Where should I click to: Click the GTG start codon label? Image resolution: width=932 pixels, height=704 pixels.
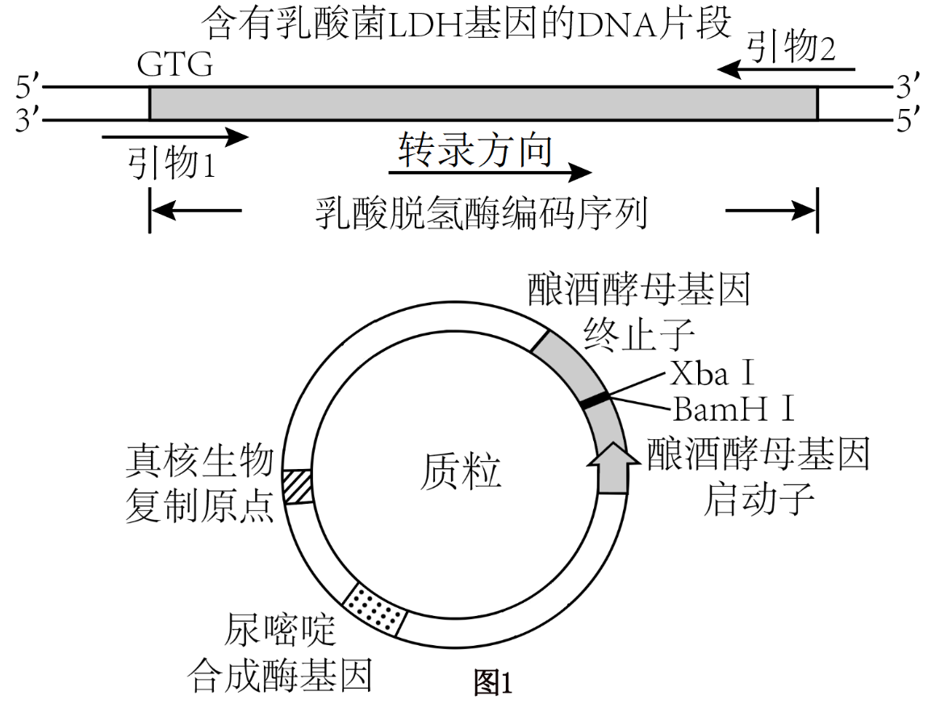[175, 65]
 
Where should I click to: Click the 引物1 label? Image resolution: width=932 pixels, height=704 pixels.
[172, 165]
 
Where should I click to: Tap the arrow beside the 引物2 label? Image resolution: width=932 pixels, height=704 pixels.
[786, 70]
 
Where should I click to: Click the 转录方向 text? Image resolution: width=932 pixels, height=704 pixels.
[475, 150]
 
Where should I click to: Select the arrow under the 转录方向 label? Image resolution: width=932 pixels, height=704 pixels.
[489, 172]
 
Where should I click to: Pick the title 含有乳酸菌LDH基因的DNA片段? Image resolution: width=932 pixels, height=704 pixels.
[468, 22]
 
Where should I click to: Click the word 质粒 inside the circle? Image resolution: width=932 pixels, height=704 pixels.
[461, 471]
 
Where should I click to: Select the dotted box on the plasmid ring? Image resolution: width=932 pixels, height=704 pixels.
[374, 608]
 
